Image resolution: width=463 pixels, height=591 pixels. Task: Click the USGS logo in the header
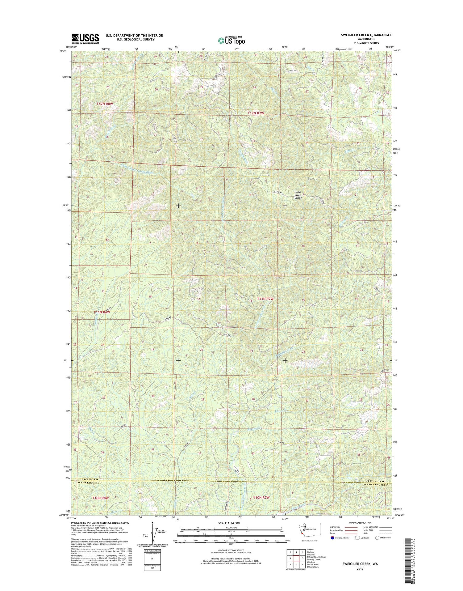pyautogui.click(x=85, y=38)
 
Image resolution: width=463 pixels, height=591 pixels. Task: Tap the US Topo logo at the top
pyautogui.click(x=231, y=40)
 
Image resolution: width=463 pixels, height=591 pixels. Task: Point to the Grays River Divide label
pyautogui.click(x=298, y=195)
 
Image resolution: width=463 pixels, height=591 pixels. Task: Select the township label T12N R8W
pyautogui.click(x=105, y=104)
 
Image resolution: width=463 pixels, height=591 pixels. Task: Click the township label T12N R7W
pyautogui.click(x=256, y=113)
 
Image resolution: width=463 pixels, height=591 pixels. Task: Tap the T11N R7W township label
pyautogui.click(x=265, y=299)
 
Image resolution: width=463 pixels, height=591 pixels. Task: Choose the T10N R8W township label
pyautogui.click(x=101, y=498)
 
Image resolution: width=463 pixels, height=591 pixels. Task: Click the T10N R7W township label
pyautogui.click(x=261, y=498)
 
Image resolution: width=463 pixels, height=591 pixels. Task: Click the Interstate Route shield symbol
pyautogui.click(x=332, y=538)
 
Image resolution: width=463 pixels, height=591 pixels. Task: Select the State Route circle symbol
pyautogui.click(x=377, y=538)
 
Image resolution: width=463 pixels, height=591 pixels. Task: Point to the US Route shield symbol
pyautogui.click(x=357, y=538)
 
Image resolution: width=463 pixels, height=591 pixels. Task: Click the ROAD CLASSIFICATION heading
pyautogui.click(x=361, y=523)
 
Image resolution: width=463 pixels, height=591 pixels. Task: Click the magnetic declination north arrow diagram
pyautogui.click(x=152, y=534)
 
